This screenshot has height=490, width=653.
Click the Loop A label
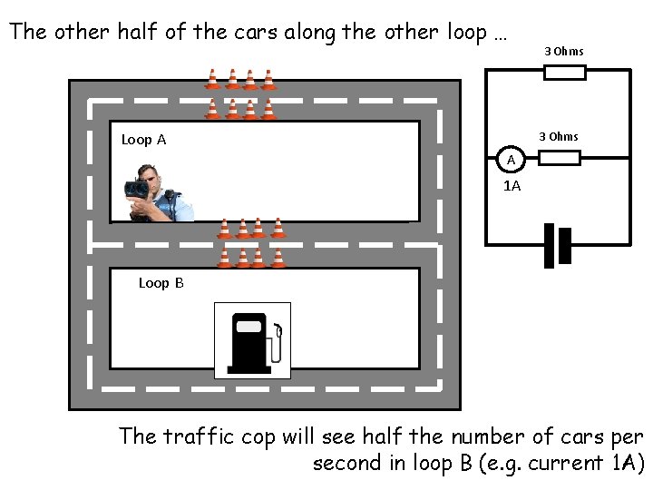[143, 140]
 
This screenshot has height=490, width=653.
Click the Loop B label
[161, 283]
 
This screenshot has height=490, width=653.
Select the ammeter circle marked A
[512, 159]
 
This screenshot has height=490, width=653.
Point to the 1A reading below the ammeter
[512, 185]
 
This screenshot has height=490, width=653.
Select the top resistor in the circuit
[564, 72]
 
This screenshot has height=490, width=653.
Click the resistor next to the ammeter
[559, 159]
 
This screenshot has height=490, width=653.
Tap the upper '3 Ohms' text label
[564, 51]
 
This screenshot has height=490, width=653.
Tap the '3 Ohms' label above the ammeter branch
[558, 137]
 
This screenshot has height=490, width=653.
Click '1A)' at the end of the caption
[626, 464]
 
